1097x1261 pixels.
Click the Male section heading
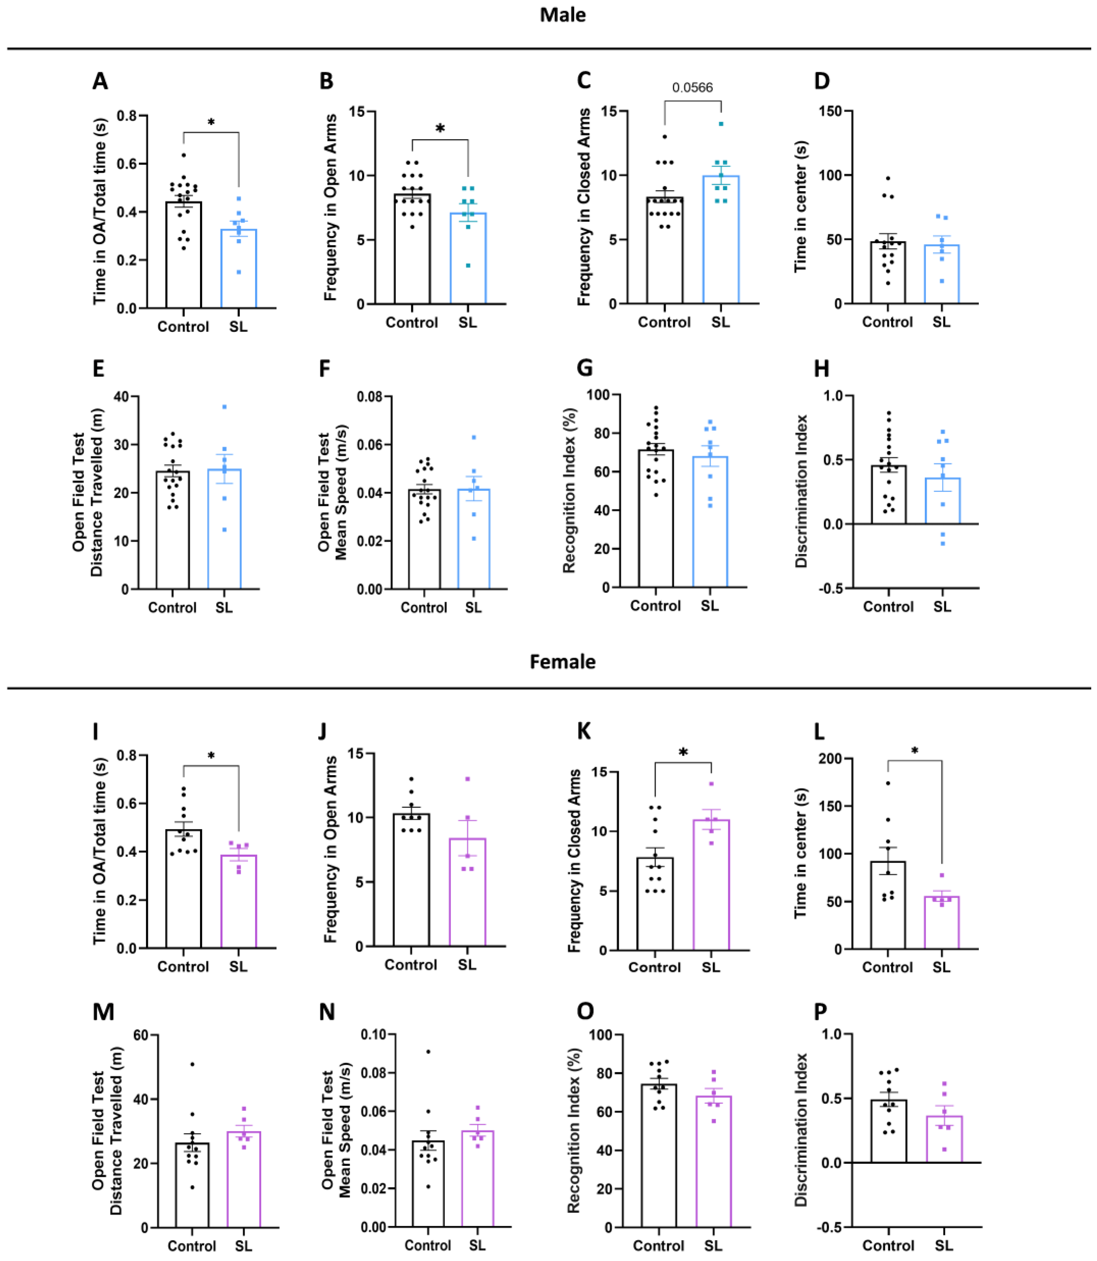[562, 15]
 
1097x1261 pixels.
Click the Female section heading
[562, 662]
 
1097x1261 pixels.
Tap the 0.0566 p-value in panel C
[693, 88]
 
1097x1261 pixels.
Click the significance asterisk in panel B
[439, 129]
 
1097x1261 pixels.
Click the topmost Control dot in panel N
[428, 1052]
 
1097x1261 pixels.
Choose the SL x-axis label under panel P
[943, 1245]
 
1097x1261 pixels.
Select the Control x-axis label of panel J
[411, 965]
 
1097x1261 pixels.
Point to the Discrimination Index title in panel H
[801, 491]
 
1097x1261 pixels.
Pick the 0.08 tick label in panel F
[370, 397]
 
